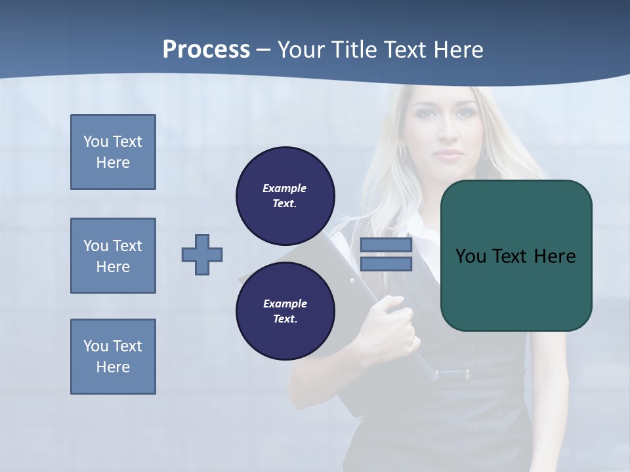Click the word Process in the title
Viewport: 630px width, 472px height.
[x=206, y=50]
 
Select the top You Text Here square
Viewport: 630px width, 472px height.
[x=113, y=152]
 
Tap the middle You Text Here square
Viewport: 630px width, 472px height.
[x=113, y=256]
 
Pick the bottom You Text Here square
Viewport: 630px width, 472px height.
[x=113, y=357]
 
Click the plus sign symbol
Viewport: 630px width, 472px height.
[x=202, y=254]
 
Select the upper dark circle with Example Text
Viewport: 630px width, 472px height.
[x=285, y=196]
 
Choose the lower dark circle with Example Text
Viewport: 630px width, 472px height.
[x=285, y=311]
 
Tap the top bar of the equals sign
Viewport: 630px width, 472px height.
[x=386, y=245]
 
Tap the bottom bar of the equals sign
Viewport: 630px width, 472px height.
[x=386, y=264]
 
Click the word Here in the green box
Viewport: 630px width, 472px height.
[x=555, y=256]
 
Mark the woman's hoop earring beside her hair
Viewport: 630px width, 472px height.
[x=403, y=153]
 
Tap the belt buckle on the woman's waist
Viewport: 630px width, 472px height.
[x=467, y=374]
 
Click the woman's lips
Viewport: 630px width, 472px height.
[x=449, y=155]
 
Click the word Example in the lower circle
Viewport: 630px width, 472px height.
[x=285, y=304]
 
